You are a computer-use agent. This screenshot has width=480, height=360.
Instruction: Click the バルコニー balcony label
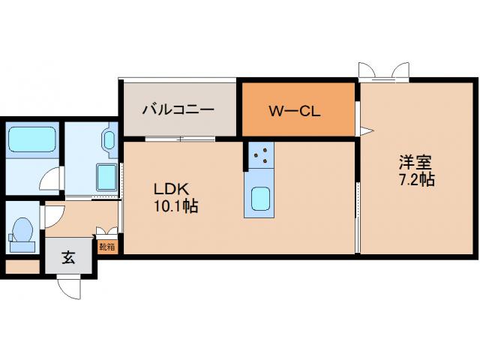pos(178,109)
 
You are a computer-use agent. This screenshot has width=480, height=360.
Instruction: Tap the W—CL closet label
pos(295,112)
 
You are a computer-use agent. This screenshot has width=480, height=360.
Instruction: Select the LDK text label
pos(172,190)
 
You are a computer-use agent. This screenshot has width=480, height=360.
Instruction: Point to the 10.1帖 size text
pos(175,206)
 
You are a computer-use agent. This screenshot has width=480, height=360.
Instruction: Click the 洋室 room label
pos(415,163)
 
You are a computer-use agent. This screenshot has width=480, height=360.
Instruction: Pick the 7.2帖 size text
pos(417,180)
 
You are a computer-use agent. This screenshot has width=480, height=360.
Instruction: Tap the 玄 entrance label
pos(68,257)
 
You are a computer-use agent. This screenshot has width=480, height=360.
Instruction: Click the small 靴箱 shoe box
pos(107,247)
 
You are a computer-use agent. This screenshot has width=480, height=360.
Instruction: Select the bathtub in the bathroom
pos(32,140)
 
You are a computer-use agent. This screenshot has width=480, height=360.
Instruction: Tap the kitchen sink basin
pos(260,199)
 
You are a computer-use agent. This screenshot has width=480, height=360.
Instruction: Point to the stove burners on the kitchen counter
pos(261,155)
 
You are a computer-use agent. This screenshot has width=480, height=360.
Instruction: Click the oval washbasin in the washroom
pos(109,140)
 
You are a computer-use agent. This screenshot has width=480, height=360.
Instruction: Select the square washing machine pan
pos(106,178)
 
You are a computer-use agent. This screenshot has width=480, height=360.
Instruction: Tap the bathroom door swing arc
pos(52,179)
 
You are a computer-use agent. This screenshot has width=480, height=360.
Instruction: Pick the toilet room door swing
pos(54,217)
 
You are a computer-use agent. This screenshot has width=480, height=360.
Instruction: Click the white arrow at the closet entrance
pos(367,131)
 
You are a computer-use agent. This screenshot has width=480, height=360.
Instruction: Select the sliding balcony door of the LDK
pos(180,139)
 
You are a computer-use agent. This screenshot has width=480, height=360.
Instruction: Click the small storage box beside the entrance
pos(22,267)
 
